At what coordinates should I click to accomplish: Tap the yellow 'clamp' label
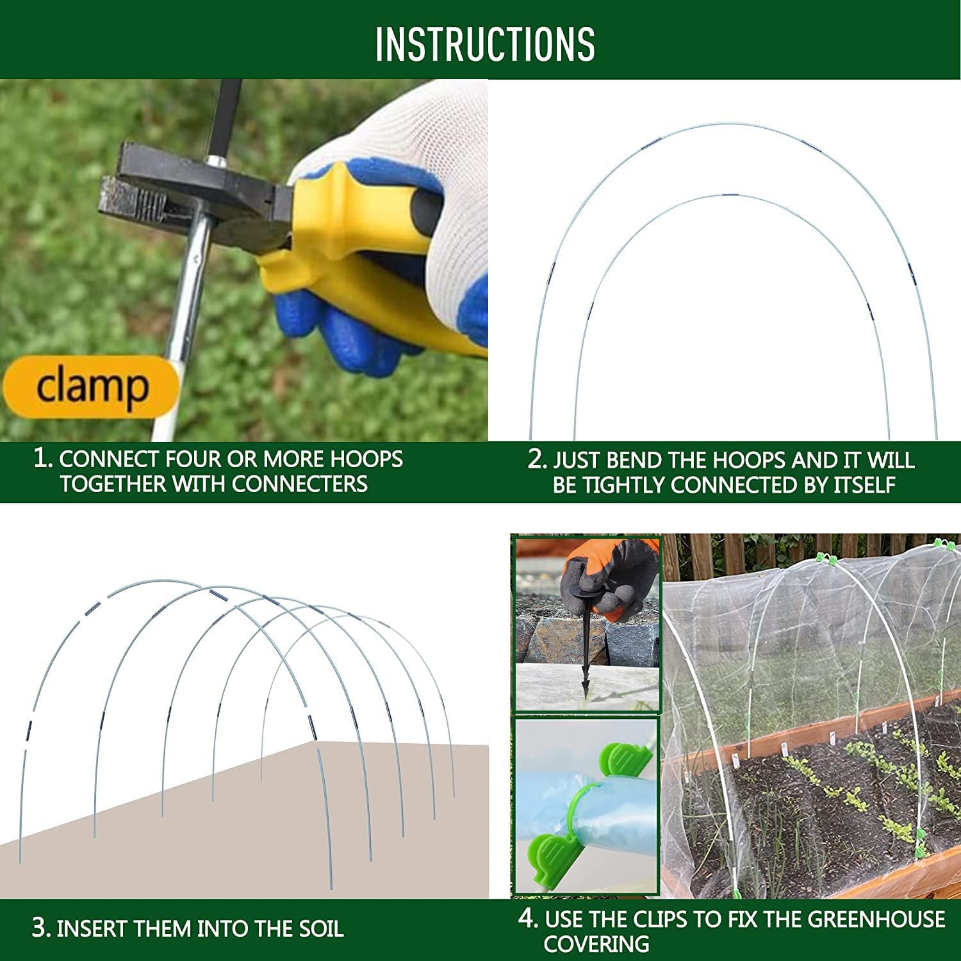coord(92,386)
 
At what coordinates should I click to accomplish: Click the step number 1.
coord(42,459)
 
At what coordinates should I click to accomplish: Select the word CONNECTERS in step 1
coord(300,484)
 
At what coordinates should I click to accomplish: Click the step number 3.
coord(41,928)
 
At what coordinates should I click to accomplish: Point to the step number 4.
coord(528,919)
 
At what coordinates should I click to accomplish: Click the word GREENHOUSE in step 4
coord(876,919)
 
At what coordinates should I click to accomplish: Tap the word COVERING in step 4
coord(596,944)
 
